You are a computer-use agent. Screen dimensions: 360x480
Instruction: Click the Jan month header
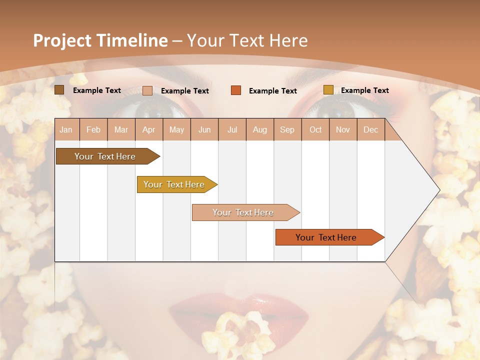point(66,129)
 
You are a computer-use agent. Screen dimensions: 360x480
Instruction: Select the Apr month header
point(149,129)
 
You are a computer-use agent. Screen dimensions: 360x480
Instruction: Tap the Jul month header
point(232,129)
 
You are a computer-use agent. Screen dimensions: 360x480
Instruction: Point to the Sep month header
point(287,129)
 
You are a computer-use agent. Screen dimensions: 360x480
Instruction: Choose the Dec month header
point(370,129)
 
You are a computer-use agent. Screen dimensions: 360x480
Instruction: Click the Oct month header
point(315,129)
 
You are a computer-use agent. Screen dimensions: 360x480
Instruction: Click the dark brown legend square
point(59,90)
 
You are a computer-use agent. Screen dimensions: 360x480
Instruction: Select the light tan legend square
point(147,90)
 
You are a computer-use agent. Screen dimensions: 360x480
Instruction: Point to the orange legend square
point(236,90)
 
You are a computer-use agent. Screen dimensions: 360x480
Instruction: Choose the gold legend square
point(328,90)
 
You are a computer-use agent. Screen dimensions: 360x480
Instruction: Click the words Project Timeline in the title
point(100,40)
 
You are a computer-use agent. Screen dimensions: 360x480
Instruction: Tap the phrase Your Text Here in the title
point(247,40)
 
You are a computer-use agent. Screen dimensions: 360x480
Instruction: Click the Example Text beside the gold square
point(364,90)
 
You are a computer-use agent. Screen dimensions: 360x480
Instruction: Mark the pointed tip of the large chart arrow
point(439,190)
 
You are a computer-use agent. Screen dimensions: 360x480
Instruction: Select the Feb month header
point(93,129)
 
